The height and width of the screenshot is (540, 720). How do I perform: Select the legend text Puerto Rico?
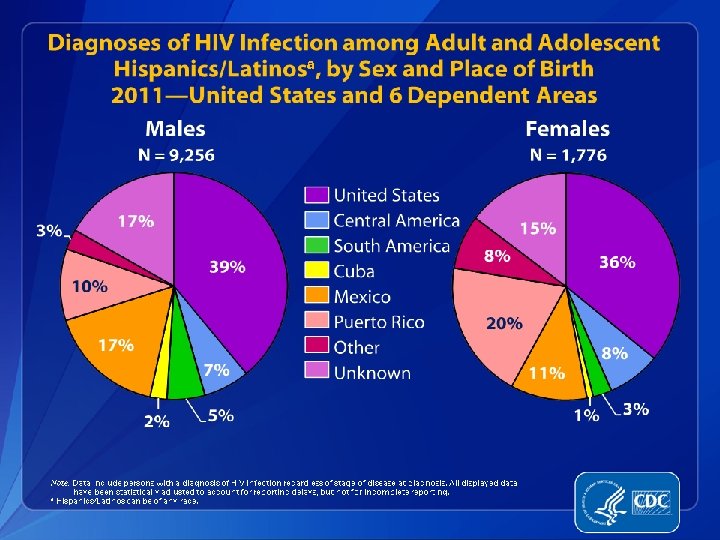(x=379, y=322)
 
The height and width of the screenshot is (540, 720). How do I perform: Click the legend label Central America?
(x=396, y=220)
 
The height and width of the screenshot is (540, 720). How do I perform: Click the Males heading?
(x=175, y=129)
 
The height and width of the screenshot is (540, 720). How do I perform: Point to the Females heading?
(x=567, y=129)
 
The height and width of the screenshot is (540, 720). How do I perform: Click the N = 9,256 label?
(x=176, y=155)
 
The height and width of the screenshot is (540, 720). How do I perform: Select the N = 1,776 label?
(x=568, y=155)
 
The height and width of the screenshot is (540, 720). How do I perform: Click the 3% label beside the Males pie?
(x=48, y=231)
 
